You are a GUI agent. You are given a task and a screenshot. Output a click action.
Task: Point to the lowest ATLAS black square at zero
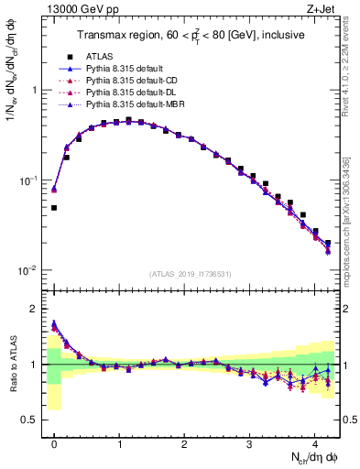click(54, 208)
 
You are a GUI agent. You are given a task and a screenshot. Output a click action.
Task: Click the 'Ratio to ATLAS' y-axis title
click(12, 365)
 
